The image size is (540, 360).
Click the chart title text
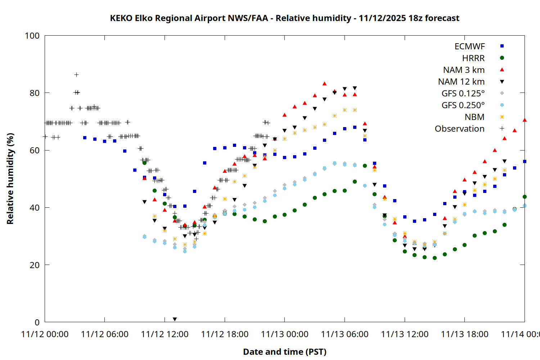click(x=284, y=18)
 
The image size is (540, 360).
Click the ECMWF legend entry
click(x=469, y=46)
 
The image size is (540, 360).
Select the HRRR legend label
click(x=473, y=58)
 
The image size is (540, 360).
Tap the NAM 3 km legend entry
click(x=464, y=70)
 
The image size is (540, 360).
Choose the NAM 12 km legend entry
click(x=461, y=82)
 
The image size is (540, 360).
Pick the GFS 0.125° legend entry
click(x=463, y=94)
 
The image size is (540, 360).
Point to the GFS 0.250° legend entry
click(x=463, y=105)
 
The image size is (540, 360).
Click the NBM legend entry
click(x=474, y=117)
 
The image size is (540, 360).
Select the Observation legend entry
click(x=459, y=129)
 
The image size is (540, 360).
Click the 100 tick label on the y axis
click(x=32, y=36)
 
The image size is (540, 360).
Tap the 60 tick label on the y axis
click(x=35, y=150)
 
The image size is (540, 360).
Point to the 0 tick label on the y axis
click(x=37, y=322)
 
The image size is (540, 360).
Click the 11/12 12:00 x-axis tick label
click(x=165, y=334)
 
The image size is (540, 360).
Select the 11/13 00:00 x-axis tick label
click(x=284, y=334)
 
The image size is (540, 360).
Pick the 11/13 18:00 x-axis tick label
click(x=464, y=334)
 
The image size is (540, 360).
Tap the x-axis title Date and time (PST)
click(x=284, y=352)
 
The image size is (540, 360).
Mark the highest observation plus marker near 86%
click(x=76, y=75)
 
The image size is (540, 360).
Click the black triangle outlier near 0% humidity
click(x=175, y=319)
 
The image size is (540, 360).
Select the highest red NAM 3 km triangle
click(x=324, y=84)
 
